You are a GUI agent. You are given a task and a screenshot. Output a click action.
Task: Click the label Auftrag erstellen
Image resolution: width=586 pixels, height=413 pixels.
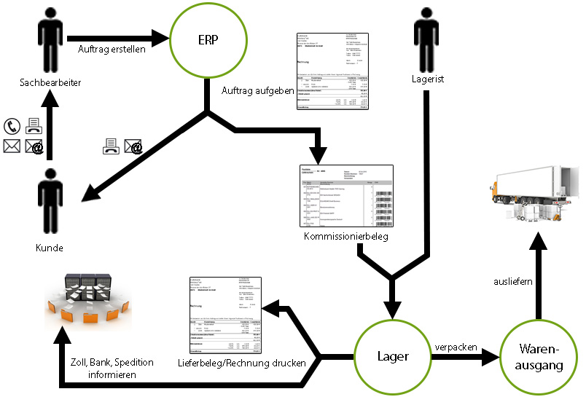[112, 50]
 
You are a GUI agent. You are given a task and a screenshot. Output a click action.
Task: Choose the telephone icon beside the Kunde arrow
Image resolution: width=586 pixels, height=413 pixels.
[12, 126]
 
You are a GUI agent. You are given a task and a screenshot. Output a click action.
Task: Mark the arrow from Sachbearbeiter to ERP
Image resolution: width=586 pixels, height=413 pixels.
[117, 35]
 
